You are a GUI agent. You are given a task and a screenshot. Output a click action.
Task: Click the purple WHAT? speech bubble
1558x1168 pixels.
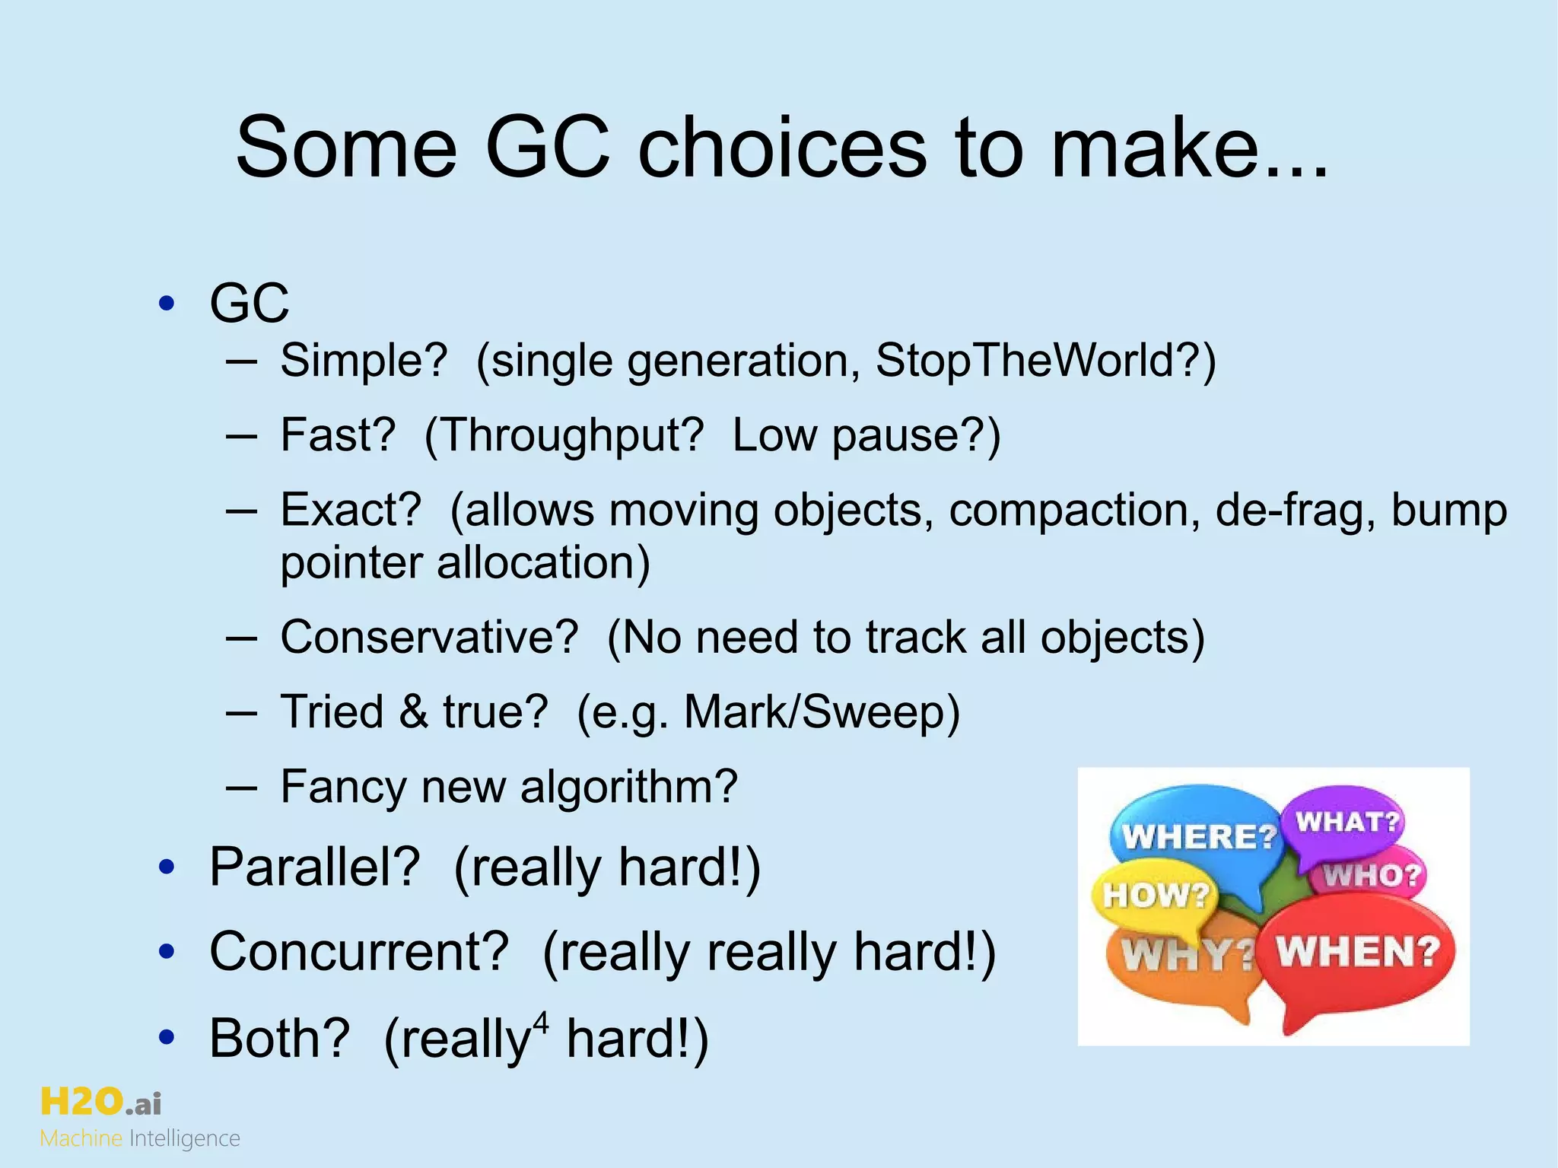[1347, 822]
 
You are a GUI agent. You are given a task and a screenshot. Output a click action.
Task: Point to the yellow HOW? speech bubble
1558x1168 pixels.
[1153, 895]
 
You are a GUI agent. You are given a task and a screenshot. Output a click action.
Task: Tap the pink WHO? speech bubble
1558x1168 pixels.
[1373, 875]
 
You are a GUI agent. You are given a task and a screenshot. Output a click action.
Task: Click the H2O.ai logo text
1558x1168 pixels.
[100, 1103]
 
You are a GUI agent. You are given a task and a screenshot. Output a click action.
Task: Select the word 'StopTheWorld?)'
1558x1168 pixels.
[1045, 360]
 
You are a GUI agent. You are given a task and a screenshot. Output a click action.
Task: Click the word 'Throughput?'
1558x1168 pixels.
[564, 435]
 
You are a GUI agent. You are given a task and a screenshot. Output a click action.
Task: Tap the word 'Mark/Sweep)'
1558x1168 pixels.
[822, 712]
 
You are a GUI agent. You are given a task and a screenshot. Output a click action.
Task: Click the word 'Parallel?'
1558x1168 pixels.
[314, 867]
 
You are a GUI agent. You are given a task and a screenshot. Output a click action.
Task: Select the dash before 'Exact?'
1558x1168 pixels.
[240, 510]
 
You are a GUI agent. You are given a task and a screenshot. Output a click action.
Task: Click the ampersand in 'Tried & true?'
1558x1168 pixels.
[413, 712]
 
